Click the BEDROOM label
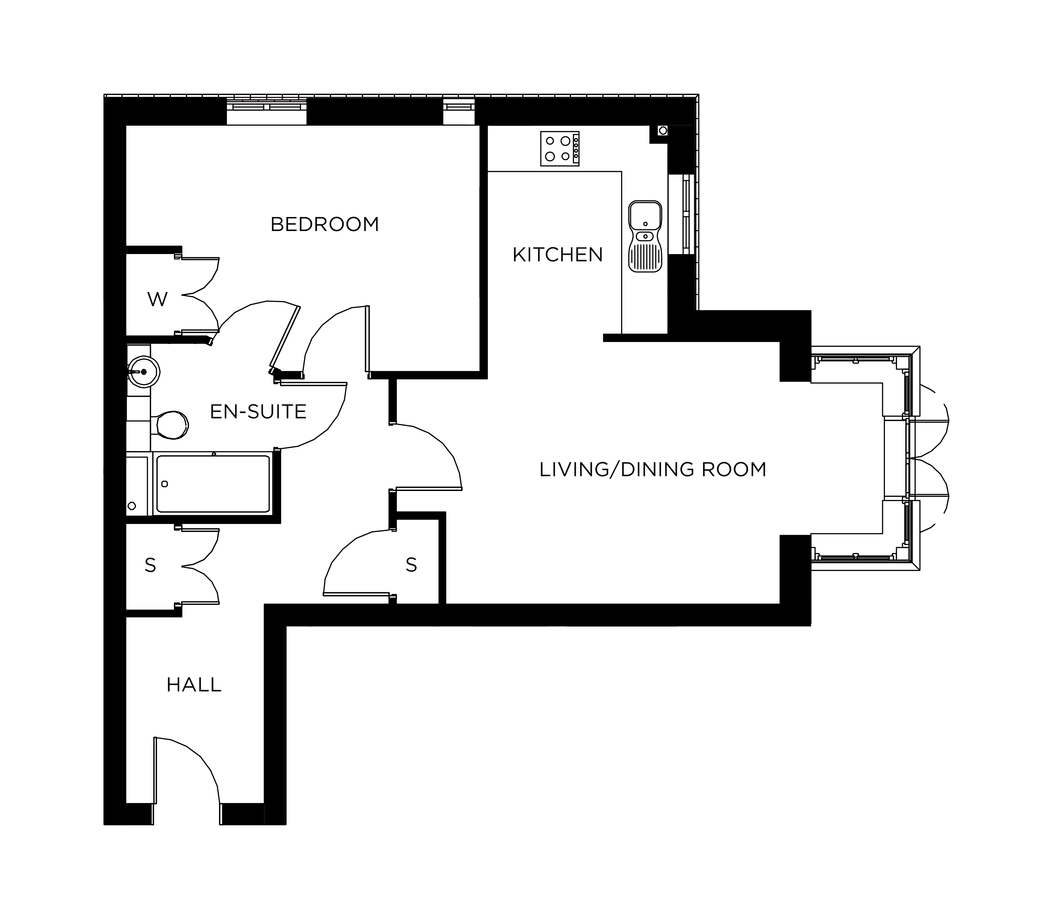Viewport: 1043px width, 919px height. point(324,224)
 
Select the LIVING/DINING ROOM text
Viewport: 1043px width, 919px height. point(653,469)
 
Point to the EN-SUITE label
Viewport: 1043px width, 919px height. point(258,411)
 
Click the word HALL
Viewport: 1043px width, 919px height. point(194,685)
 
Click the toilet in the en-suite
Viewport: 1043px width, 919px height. point(172,425)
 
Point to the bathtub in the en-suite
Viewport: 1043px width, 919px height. point(213,484)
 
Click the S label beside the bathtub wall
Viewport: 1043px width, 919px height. point(150,565)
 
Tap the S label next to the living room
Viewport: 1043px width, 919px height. point(411,565)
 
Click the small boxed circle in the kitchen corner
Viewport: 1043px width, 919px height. point(663,130)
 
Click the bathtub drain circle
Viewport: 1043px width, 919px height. point(164,484)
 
